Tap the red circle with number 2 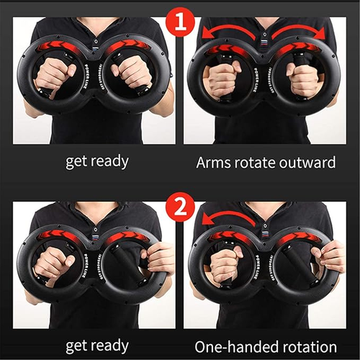[179, 208]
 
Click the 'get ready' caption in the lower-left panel [96, 346]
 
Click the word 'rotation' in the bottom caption [306, 346]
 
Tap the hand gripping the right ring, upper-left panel [132, 71]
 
